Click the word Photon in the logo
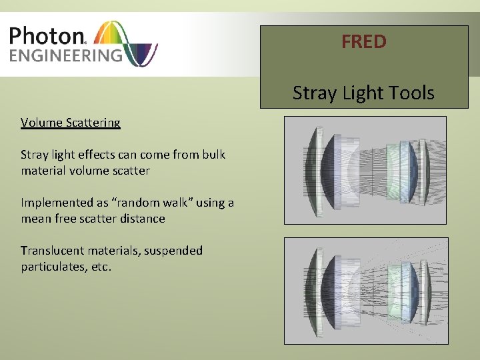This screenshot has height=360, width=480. click(x=47, y=35)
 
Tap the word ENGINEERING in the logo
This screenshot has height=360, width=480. click(x=65, y=55)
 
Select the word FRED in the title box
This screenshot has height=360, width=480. click(x=363, y=42)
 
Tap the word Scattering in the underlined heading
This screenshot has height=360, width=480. click(x=93, y=123)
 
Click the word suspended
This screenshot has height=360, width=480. click(x=175, y=251)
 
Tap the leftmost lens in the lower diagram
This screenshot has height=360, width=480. click(x=312, y=291)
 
